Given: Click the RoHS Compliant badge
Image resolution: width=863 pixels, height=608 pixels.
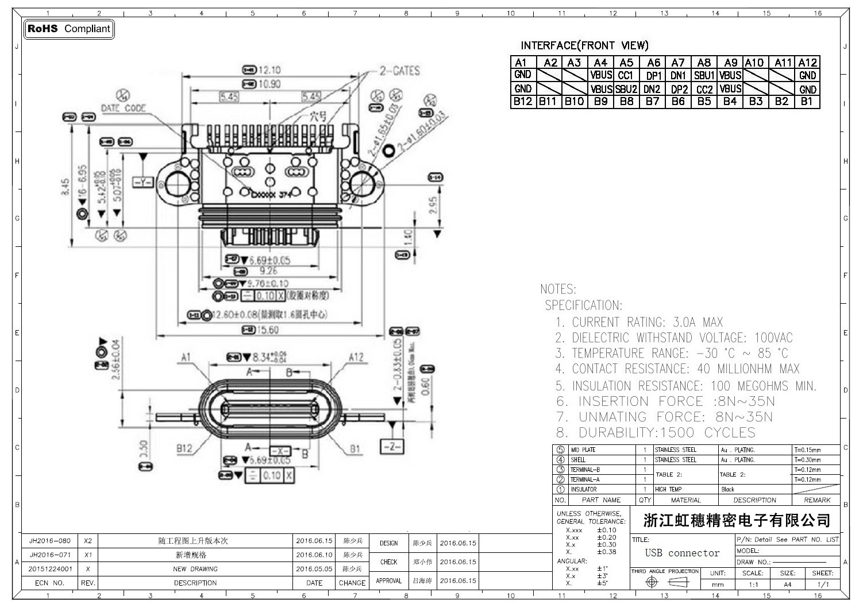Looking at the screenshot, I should [68, 29].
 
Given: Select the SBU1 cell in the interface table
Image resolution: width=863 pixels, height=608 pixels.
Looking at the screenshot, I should [704, 75].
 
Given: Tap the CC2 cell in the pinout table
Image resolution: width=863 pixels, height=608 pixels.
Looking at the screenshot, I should [704, 89].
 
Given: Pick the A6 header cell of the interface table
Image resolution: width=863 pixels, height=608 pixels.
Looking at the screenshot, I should [653, 63].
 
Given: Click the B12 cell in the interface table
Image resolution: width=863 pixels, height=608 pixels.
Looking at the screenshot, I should [522, 102].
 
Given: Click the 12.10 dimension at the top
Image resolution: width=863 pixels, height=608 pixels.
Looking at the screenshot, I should [268, 70].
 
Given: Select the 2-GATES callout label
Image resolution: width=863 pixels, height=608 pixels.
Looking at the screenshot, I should [399, 71].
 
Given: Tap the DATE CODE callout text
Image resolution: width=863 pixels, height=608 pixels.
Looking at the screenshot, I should [124, 108].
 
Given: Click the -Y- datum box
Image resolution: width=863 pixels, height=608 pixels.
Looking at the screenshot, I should [143, 183].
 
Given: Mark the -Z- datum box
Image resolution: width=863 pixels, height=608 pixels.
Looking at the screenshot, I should [392, 446].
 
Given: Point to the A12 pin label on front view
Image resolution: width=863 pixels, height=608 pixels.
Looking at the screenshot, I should [356, 357].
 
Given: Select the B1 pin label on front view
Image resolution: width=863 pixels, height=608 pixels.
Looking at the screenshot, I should [355, 448].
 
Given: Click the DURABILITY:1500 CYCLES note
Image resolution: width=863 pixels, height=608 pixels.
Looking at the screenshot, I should [666, 432].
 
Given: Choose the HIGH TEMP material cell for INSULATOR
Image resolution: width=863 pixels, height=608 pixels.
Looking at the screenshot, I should [668, 490].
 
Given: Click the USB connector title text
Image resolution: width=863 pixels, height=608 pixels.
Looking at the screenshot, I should [682, 553].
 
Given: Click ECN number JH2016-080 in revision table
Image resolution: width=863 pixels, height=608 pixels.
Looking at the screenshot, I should [50, 541].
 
